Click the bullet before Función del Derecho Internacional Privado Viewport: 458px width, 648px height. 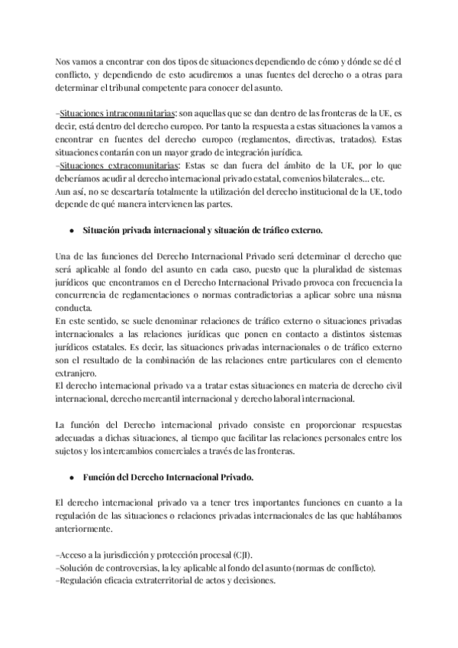(71, 477)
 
